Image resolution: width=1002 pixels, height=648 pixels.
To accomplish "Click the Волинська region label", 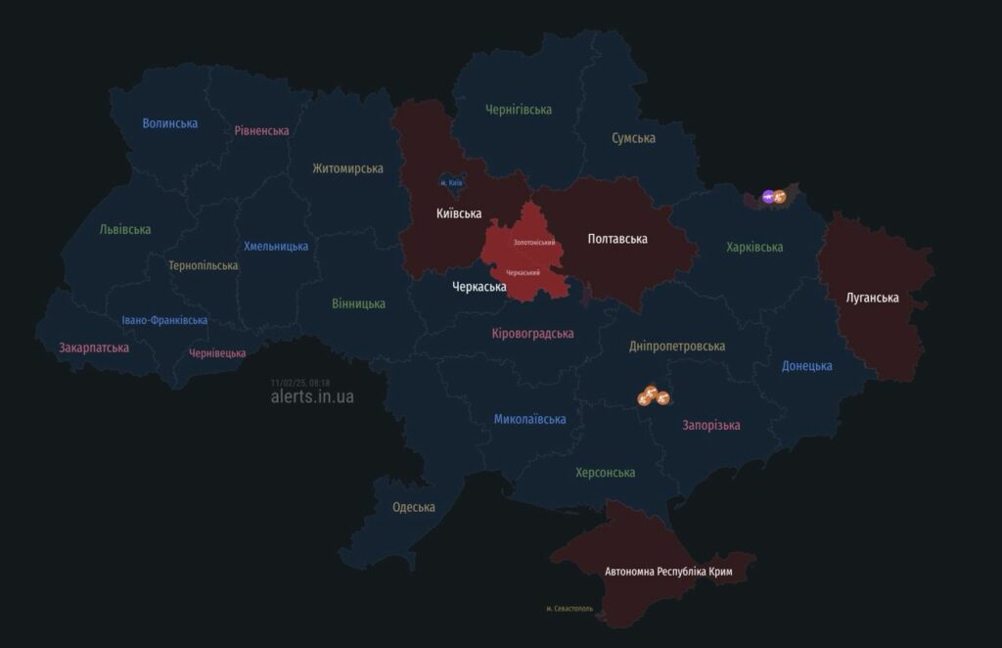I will [x=169, y=123].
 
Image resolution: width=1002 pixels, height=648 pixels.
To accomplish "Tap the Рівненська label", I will [x=261, y=130].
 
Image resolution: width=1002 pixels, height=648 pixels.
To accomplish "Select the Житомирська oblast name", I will [x=347, y=168].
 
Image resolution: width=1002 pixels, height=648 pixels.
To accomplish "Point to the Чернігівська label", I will [x=519, y=110].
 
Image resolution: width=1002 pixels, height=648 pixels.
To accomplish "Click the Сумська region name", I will [x=633, y=138].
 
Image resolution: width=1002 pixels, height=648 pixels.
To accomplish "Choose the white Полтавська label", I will [x=616, y=238].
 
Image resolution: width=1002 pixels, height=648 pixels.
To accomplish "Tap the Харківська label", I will [x=754, y=247].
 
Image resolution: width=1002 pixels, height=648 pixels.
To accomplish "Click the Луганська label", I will [x=873, y=298].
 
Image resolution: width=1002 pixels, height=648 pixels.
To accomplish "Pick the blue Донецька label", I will [x=806, y=366].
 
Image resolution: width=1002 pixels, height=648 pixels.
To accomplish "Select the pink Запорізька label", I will [x=710, y=425].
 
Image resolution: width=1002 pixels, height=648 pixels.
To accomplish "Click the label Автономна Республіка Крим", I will [x=668, y=571].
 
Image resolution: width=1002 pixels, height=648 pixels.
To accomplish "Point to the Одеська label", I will [x=413, y=507].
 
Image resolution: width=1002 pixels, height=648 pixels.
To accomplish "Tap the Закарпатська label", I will [x=94, y=347].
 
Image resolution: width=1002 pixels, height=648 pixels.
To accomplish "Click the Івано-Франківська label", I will [x=164, y=320].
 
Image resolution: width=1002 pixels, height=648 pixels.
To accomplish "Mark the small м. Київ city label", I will [x=451, y=183].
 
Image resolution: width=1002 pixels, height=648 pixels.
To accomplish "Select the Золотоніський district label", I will [x=534, y=242].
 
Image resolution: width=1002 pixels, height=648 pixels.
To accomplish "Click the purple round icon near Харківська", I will [x=769, y=197].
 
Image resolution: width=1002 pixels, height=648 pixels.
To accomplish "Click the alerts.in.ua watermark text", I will [x=312, y=396].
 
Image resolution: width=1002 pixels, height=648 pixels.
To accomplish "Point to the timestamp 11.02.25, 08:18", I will [x=300, y=382].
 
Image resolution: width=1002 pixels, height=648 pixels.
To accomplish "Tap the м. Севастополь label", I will [x=569, y=609].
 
